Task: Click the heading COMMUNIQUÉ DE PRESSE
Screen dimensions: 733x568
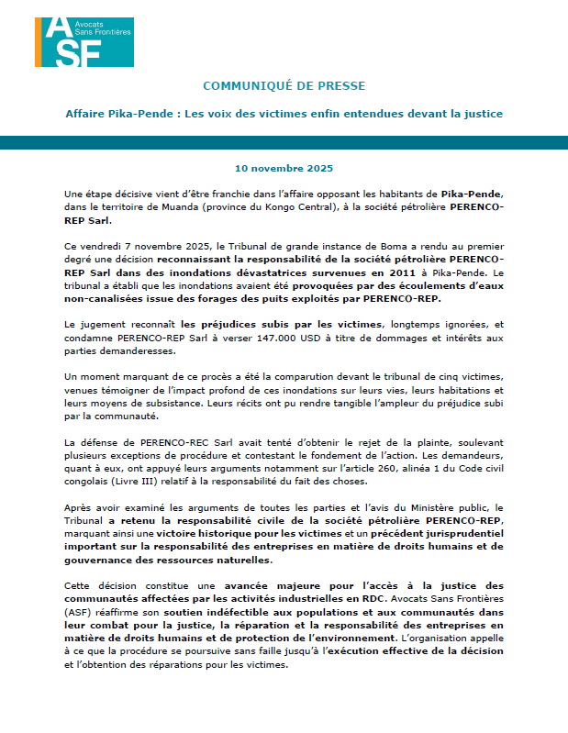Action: click(x=284, y=85)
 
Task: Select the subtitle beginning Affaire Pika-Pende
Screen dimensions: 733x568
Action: click(x=284, y=114)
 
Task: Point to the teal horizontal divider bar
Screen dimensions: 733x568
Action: click(x=284, y=142)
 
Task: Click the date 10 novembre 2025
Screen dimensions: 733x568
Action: click(x=284, y=169)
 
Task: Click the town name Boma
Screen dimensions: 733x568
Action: click(x=373, y=248)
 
